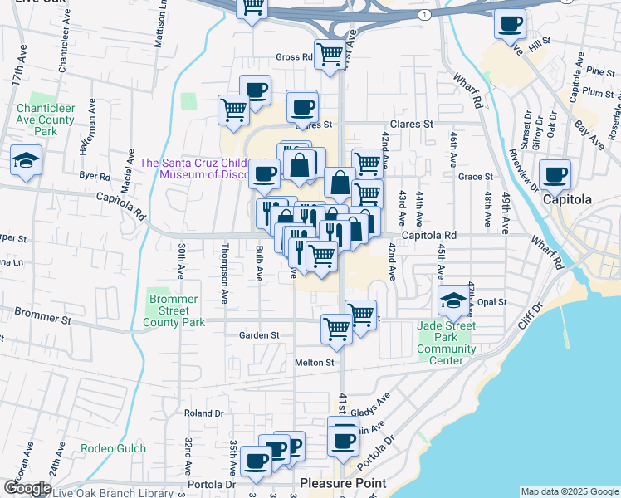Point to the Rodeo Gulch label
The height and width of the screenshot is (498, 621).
tap(113, 449)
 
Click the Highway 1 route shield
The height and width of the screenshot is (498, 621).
tap(426, 16)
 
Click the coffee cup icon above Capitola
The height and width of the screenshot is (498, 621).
tap(555, 173)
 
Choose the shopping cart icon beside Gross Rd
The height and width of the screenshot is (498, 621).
tap(330, 54)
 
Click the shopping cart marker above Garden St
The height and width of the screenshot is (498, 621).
tap(336, 328)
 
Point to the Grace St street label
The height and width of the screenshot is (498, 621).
tap(476, 177)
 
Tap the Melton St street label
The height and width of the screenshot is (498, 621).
tap(315, 363)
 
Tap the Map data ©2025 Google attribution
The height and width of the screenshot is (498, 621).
tap(569, 491)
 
